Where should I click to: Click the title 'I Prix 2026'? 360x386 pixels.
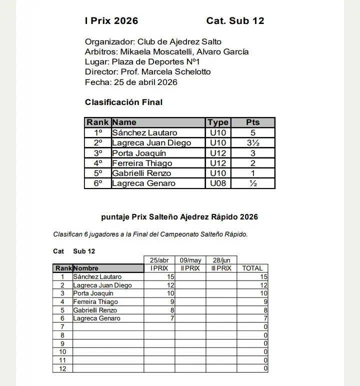(x=111, y=21)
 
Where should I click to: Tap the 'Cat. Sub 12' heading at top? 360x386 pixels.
(x=235, y=21)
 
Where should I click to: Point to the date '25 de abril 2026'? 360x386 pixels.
(x=145, y=82)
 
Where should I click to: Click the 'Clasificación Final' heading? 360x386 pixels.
(x=123, y=102)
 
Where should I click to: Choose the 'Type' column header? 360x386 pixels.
(x=218, y=122)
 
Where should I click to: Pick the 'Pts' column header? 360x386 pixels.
(x=253, y=122)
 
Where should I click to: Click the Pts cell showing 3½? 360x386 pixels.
(x=253, y=143)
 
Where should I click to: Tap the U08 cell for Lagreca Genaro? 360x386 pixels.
(x=218, y=183)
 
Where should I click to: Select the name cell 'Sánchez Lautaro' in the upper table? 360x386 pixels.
(x=144, y=133)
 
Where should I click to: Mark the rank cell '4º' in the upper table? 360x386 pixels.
(x=98, y=163)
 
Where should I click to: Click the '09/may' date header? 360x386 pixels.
(x=190, y=260)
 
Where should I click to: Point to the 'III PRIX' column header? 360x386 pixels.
(x=221, y=268)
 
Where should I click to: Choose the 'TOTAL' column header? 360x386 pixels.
(x=252, y=268)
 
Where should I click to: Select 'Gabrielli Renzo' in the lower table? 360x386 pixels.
(x=95, y=310)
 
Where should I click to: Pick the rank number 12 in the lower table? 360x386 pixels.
(x=62, y=368)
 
